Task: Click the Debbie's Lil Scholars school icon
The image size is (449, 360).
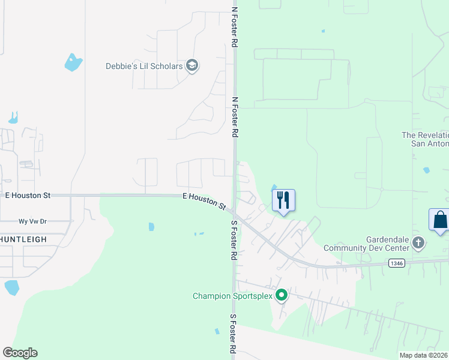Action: coord(192,65)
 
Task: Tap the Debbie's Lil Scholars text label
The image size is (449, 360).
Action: coord(144,66)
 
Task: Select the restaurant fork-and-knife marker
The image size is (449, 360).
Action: coord(284,200)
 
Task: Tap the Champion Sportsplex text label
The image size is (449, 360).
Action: coord(232,296)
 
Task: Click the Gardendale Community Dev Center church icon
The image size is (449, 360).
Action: coord(418,243)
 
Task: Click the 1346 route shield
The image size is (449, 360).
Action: coord(395,262)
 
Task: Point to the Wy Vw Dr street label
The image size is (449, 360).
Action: coord(32,221)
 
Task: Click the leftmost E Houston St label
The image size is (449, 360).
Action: coord(28,196)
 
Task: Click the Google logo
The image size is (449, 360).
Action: coord(20,352)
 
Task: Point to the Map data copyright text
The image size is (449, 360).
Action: coord(424,355)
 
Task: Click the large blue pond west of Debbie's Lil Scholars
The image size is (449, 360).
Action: coord(73,62)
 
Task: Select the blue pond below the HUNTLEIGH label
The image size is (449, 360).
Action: coord(12,287)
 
